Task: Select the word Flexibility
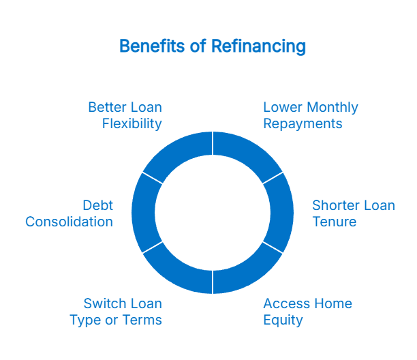[132, 124]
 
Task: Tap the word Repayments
[303, 124]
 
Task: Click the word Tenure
[334, 222]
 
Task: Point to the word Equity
[283, 320]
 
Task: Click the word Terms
[142, 320]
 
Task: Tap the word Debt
[97, 205]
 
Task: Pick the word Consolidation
[69, 222]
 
